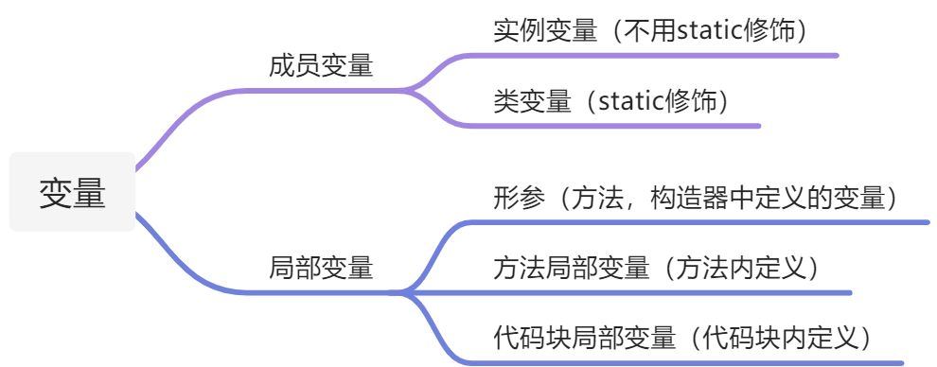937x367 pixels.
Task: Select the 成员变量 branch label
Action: (321, 66)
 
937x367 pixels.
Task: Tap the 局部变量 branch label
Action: (321, 268)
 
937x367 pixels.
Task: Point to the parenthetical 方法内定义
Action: (740, 268)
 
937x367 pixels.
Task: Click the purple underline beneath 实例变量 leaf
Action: (663, 55)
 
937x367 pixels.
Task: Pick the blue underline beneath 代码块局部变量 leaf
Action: (691, 362)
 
